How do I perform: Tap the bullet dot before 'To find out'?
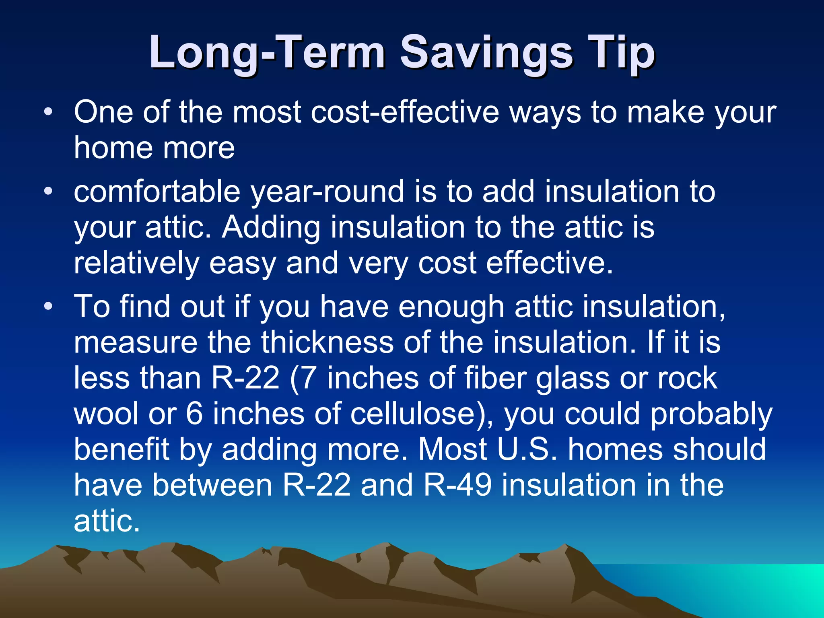[48, 307]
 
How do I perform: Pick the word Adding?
[271, 227]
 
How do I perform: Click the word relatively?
[136, 264]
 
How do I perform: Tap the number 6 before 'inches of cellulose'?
[194, 414]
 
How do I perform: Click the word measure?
[136, 342]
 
